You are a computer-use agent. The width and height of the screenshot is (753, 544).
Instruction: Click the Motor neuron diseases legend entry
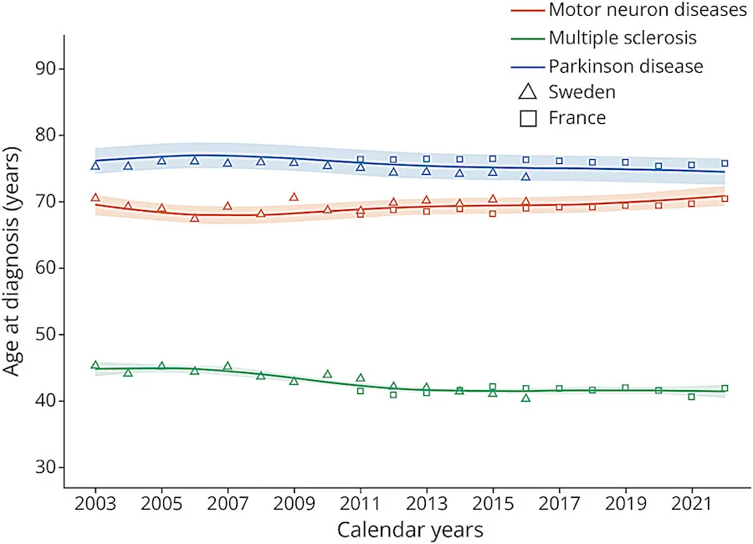[x=648, y=9]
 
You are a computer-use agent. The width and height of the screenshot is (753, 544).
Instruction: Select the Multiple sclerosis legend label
[x=622, y=38]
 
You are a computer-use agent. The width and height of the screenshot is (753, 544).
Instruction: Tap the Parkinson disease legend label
[x=626, y=66]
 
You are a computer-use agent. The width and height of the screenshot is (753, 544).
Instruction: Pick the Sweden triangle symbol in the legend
[x=528, y=91]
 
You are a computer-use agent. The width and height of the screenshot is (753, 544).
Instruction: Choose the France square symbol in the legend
[x=528, y=118]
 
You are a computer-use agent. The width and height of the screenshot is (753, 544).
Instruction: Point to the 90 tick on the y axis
[x=46, y=69]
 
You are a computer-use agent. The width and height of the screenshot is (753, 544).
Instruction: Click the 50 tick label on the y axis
[x=46, y=334]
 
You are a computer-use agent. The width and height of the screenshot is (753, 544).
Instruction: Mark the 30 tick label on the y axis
[x=46, y=467]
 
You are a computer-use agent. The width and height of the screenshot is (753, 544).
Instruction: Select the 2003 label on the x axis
[x=95, y=504]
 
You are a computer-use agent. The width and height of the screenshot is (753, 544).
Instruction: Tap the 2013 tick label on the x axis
[x=427, y=504]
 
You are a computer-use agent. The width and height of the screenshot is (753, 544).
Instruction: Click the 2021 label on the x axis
[x=692, y=504]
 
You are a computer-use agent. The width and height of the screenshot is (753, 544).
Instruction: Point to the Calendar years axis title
[x=410, y=530]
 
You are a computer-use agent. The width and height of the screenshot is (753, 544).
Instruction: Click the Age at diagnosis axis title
[x=12, y=261]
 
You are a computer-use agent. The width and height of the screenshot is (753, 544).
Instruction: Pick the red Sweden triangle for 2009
[x=294, y=197]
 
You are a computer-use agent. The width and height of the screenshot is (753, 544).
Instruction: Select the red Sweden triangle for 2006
[x=194, y=218]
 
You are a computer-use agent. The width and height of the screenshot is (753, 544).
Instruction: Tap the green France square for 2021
[x=692, y=397]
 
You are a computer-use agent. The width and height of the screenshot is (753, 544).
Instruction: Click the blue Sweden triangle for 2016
[x=526, y=177]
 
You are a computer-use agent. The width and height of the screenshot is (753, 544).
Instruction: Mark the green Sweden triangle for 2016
[x=526, y=398]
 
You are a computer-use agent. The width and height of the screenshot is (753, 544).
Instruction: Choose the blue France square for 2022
[x=725, y=163]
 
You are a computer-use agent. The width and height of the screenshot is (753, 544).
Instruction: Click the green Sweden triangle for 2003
[x=95, y=365]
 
